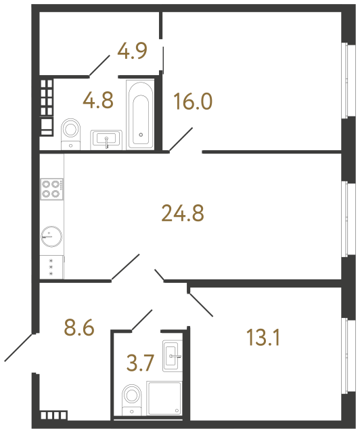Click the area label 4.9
(132, 51)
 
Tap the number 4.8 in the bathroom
(97, 101)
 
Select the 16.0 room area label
(193, 102)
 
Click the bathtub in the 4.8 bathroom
(141, 113)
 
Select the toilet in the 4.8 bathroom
(70, 130)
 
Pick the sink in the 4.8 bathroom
(108, 139)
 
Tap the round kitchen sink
(51, 236)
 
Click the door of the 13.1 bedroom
(201, 304)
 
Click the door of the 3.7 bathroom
(142, 319)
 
